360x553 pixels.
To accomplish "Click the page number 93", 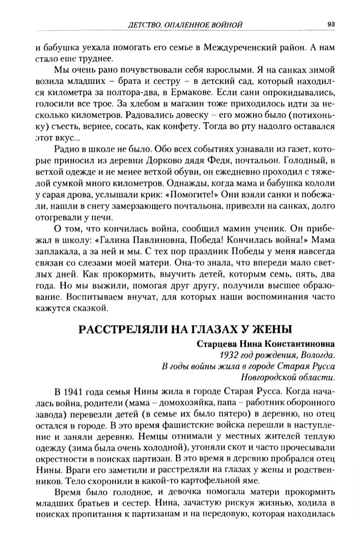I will [330, 25].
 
